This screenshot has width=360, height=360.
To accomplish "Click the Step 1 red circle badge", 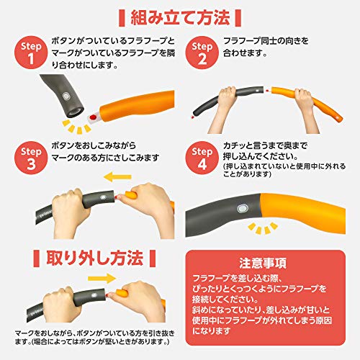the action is coord(31,53).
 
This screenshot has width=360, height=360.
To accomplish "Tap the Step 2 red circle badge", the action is coord(202,53).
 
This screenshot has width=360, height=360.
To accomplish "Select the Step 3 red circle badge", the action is coord(31,158).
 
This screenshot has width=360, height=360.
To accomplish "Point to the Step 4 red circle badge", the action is coord(202,158).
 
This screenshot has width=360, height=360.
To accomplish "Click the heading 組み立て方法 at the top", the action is coord(180,18).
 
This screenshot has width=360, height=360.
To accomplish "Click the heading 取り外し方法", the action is coord(95,258).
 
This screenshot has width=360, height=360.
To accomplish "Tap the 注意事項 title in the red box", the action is coord(263,264).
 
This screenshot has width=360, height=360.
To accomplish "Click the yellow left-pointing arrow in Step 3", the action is coord(117,177).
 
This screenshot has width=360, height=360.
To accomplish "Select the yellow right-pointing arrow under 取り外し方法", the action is coord(102,279).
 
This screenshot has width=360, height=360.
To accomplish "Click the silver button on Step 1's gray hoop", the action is coord(66,96).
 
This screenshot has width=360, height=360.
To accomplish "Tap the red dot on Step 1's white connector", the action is coord(93,117).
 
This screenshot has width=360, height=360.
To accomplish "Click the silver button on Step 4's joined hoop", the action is coord(243,209).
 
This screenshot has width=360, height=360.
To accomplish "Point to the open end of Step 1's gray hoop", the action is coord(75,112).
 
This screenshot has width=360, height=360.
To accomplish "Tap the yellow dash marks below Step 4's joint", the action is coord(263,228).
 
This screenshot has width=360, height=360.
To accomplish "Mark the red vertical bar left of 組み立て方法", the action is coord(122,18).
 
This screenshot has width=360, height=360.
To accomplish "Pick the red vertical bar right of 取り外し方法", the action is coord(153,258).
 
